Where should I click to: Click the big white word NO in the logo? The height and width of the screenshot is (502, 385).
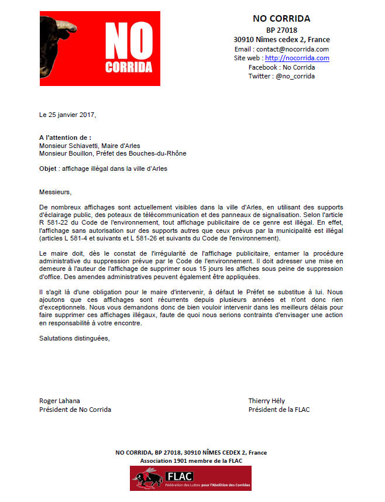click(129, 43)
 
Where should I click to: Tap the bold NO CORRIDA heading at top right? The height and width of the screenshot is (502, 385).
click(282, 19)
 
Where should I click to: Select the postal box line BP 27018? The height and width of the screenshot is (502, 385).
click(282, 30)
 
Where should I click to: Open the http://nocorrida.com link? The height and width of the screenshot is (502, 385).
click(297, 59)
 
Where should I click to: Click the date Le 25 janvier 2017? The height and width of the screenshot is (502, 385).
click(67, 115)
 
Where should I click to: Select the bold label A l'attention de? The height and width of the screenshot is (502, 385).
click(65, 137)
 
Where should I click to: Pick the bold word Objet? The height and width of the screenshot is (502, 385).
click(49, 169)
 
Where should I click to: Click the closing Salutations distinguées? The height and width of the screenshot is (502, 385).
click(74, 338)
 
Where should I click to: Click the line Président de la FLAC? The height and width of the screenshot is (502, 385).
click(279, 410)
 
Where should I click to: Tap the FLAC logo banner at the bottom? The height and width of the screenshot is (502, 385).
click(191, 478)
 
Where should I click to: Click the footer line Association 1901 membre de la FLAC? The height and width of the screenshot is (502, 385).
click(191, 461)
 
